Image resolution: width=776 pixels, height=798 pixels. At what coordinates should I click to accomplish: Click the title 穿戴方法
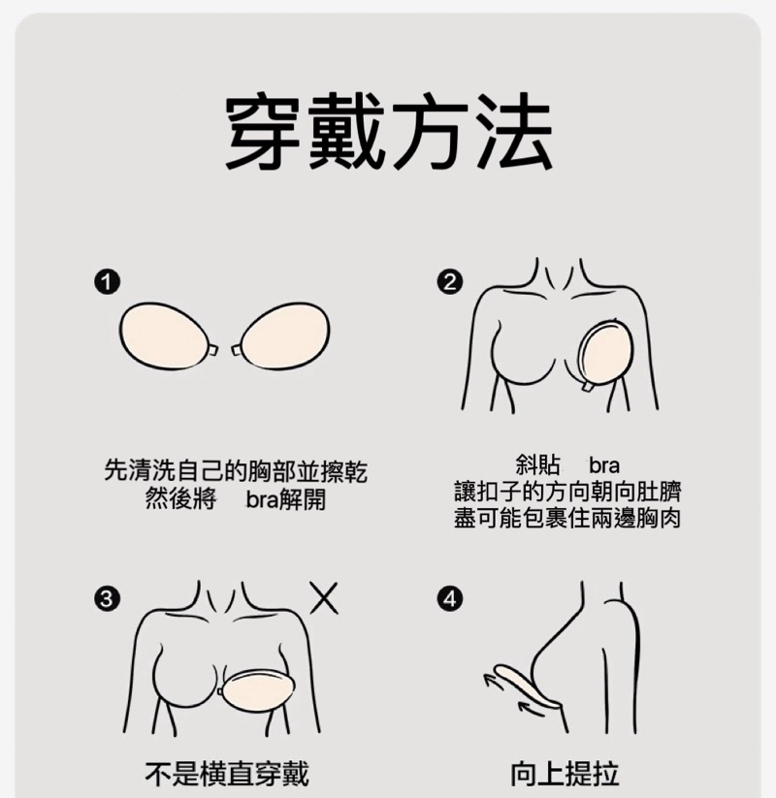point(389,131)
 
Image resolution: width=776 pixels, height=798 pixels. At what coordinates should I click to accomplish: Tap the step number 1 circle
point(107,282)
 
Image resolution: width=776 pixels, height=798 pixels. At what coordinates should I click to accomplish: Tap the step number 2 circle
point(450,282)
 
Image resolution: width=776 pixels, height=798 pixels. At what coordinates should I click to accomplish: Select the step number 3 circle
point(107,598)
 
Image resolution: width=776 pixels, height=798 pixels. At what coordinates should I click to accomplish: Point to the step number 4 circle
point(450,598)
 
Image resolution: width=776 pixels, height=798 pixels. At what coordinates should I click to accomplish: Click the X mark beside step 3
point(324,598)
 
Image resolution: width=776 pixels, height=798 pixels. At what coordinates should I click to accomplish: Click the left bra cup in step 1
point(164,335)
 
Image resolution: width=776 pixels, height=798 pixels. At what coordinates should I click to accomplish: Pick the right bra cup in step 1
point(285,335)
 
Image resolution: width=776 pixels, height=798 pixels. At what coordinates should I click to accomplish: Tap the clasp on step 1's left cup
point(212,350)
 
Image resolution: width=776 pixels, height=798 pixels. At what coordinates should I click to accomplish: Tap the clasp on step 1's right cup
point(237,350)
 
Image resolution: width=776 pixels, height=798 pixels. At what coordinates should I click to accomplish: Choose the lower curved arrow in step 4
point(531,709)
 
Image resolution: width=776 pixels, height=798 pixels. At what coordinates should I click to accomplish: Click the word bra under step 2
point(604,465)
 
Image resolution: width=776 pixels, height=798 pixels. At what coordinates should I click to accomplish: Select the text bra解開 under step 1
point(286,499)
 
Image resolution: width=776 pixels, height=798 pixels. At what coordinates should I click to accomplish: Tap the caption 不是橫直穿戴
point(227,774)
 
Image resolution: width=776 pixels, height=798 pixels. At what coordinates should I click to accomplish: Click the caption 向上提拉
point(565,774)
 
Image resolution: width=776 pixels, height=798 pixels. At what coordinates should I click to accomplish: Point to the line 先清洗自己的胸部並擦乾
point(236,471)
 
